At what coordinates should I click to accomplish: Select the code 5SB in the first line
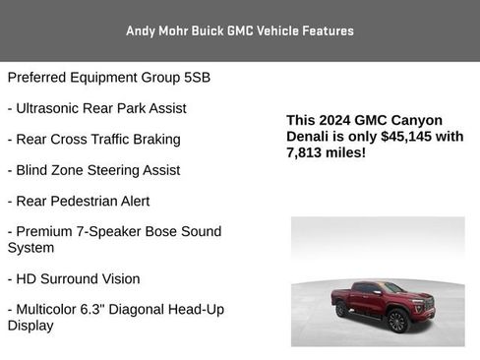pos(195,77)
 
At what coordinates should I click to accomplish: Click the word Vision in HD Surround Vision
pos(118,278)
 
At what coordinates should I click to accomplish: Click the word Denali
pos(309,137)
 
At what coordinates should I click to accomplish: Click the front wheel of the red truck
pos(397,322)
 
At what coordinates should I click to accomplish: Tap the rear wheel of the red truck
pos(343,310)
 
